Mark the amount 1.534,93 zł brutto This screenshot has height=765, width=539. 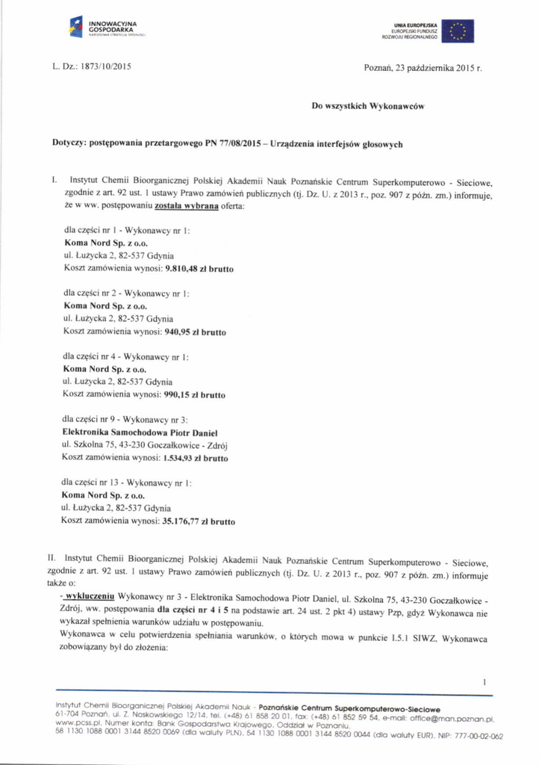tap(195, 457)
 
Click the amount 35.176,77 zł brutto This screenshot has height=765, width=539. tap(198, 521)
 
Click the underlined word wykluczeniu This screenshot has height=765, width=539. tap(90, 598)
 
